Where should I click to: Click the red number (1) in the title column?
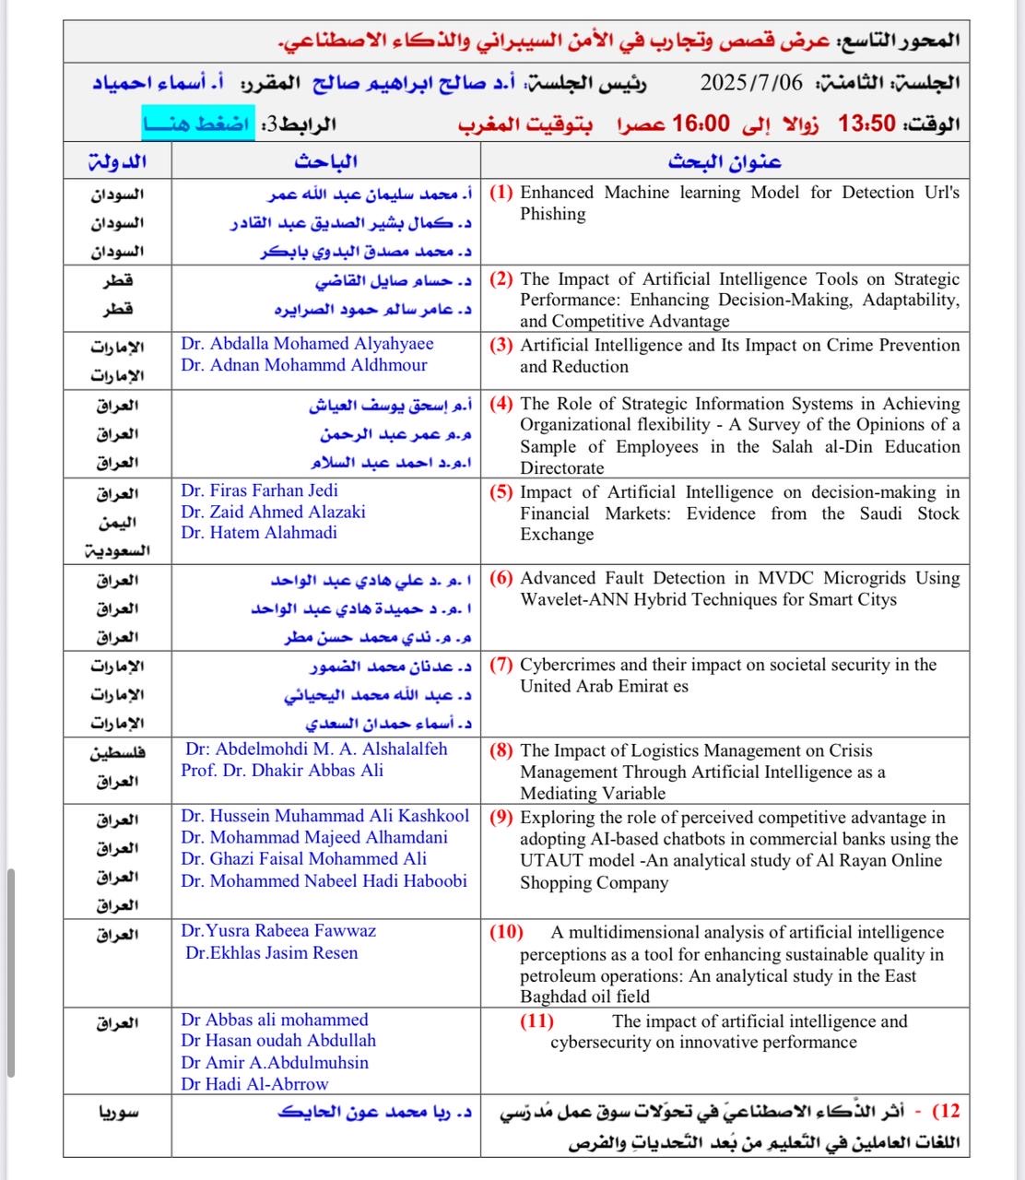coord(501,193)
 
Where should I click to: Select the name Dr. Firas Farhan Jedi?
coord(259,490)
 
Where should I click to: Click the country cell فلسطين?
coord(118,752)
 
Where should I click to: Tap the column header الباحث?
coord(325,161)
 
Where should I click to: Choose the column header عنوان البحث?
coord(725,161)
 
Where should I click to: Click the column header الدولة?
coord(117,161)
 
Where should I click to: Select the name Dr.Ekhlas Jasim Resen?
coord(271,953)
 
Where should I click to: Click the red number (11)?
coord(536,1021)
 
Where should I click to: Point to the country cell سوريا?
coord(118,1112)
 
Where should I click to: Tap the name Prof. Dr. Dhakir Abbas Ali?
coord(282,771)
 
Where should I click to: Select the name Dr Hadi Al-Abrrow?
coord(254,1084)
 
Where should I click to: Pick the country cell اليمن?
coord(118,523)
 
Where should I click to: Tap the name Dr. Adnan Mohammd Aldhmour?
coord(304,365)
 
